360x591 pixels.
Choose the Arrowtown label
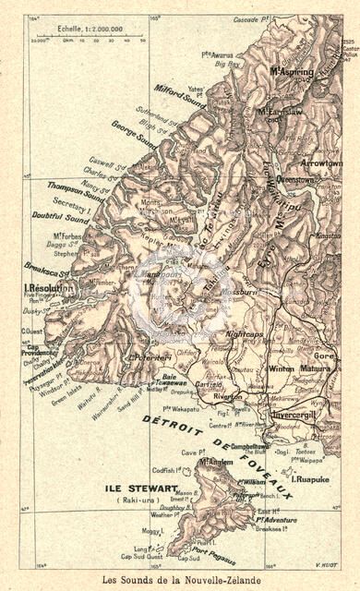[320, 162]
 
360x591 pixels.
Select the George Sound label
[134, 135]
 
